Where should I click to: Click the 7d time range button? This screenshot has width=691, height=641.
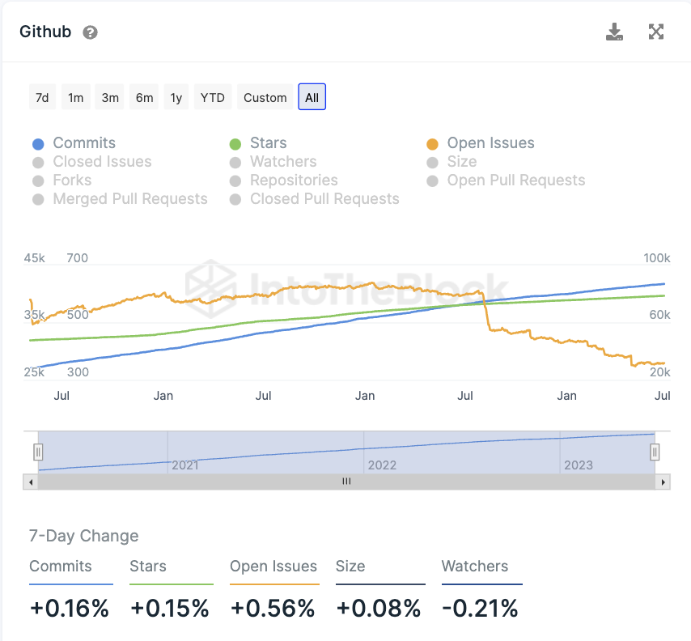pyautogui.click(x=42, y=98)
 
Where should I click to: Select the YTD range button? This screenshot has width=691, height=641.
pyautogui.click(x=213, y=98)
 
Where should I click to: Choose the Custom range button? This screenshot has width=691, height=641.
pyautogui.click(x=265, y=98)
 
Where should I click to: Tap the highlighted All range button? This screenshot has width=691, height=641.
pyautogui.click(x=312, y=98)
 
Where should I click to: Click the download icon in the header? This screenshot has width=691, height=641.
pyautogui.click(x=615, y=32)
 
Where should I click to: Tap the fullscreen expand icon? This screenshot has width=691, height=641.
pyautogui.click(x=656, y=32)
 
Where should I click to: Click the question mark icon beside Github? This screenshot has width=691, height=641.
pyautogui.click(x=91, y=33)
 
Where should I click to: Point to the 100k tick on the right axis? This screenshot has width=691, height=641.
pyautogui.click(x=656, y=259)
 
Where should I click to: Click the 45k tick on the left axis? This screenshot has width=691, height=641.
pyautogui.click(x=34, y=259)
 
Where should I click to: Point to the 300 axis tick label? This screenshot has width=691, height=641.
pyautogui.click(x=78, y=372)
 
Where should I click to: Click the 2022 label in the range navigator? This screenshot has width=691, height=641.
pyautogui.click(x=382, y=465)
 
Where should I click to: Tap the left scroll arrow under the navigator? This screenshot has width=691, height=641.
pyautogui.click(x=31, y=482)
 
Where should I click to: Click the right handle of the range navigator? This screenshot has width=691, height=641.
pyautogui.click(x=655, y=452)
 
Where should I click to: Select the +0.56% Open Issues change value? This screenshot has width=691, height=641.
pyautogui.click(x=273, y=609)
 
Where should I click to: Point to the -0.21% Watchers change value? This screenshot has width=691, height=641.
pyautogui.click(x=480, y=609)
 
